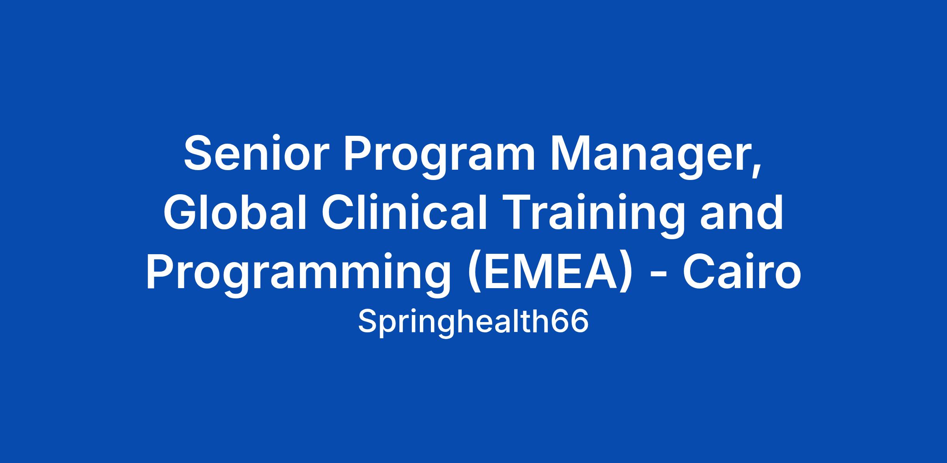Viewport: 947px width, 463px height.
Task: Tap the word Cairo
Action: coord(742,271)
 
